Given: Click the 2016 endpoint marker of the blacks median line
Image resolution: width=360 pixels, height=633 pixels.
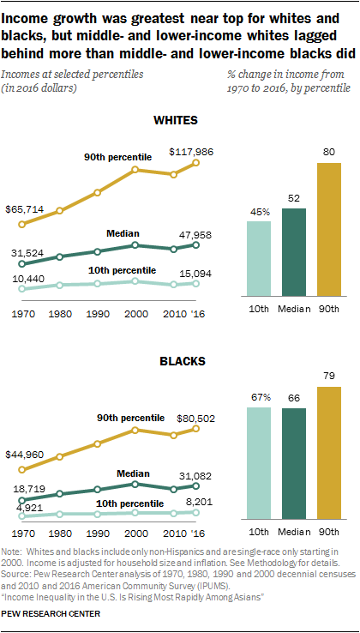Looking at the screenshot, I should (197, 486).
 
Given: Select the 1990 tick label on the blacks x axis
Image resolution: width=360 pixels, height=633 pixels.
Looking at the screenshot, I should (98, 532).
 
